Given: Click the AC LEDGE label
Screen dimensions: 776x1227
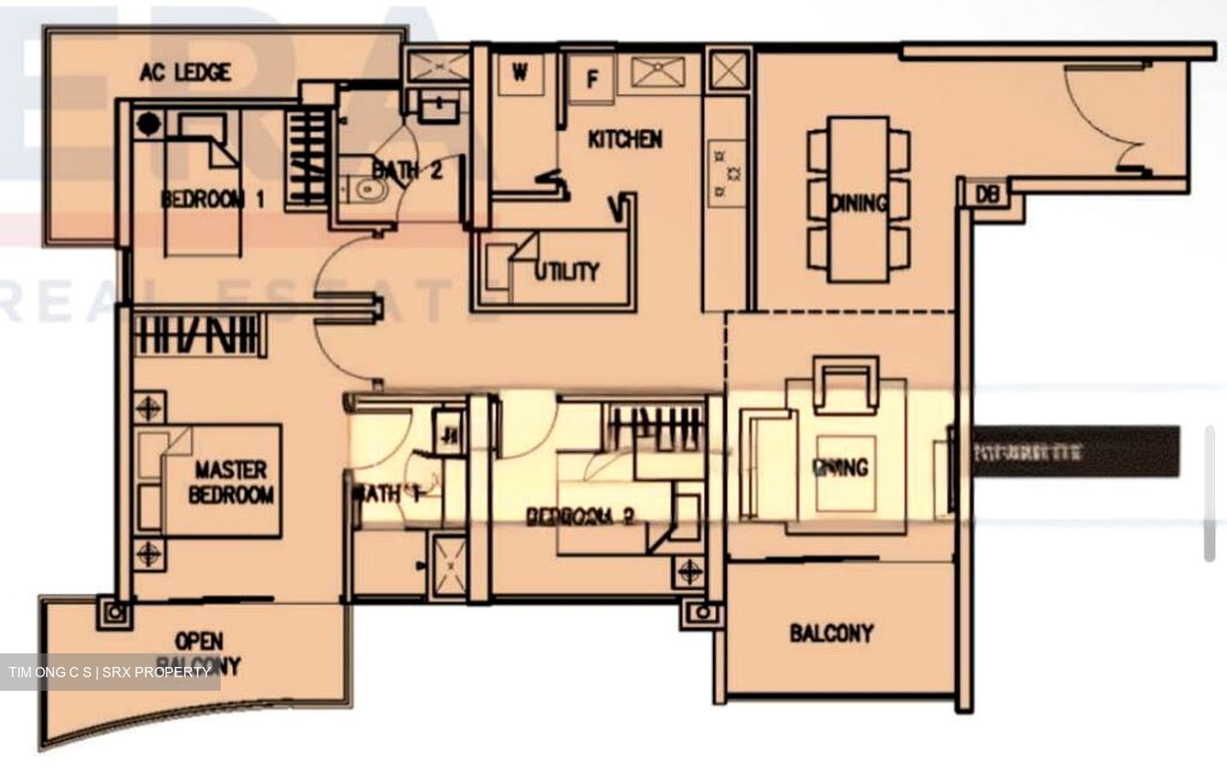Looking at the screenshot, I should (x=186, y=72).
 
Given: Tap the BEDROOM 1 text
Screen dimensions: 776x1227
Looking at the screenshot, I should (x=212, y=199).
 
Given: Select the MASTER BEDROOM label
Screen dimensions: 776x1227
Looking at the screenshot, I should (x=231, y=482).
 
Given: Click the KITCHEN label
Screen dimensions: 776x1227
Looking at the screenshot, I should (x=625, y=139).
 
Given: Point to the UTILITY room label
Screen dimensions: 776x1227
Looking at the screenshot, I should (x=567, y=271).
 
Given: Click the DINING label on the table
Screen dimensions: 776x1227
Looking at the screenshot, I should (x=858, y=203).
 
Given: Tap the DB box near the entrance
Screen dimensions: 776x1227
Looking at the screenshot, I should (x=986, y=194).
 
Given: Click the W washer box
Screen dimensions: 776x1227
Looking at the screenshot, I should (x=520, y=73).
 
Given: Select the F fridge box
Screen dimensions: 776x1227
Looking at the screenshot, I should (x=592, y=79).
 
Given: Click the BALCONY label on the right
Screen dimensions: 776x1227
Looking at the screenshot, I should (x=832, y=633).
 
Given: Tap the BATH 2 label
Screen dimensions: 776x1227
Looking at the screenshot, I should (x=407, y=170).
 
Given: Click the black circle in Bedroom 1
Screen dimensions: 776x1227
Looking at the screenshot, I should (x=149, y=124).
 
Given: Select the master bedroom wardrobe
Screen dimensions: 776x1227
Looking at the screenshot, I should (x=196, y=334).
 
